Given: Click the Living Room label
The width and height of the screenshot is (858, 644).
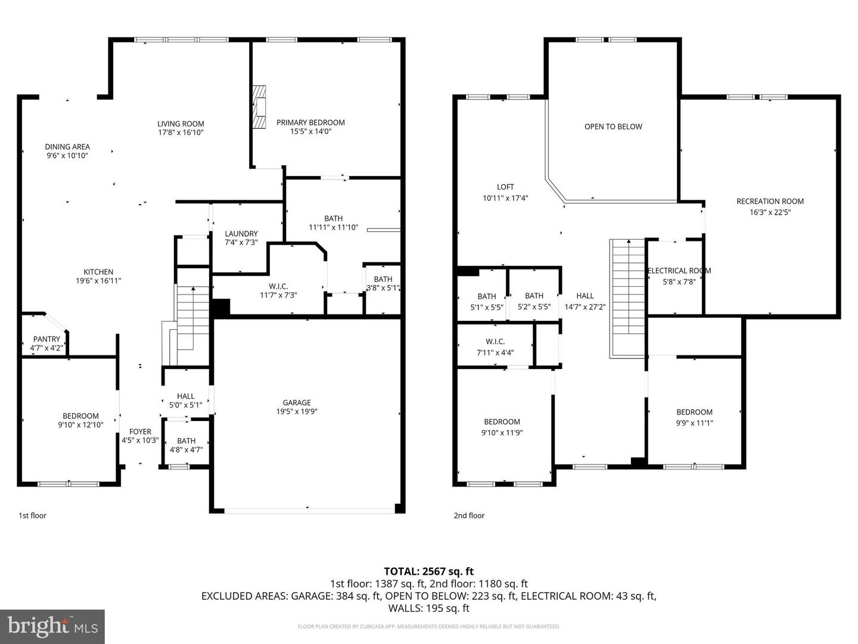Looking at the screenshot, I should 181,124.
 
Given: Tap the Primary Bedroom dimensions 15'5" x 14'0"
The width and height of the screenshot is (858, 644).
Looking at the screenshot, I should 310,132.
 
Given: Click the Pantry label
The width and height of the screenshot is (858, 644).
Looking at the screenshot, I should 46,339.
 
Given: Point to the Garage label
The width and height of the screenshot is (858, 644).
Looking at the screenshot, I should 297,402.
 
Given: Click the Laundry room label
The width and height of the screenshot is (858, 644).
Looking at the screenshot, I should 241,234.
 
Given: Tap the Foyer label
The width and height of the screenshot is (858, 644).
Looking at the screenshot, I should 140,431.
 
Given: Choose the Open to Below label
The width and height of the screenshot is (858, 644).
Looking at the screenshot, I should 613,126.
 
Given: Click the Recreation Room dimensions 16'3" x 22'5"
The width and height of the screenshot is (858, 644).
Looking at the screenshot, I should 770,212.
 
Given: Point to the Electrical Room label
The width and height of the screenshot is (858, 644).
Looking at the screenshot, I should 679,270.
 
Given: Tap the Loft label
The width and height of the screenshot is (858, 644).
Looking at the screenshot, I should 505,187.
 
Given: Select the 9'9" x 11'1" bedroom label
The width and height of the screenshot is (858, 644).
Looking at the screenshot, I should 694,412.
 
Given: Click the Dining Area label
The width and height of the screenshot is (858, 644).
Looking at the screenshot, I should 67,147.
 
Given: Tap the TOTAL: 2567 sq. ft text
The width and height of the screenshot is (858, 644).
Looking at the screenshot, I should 428,571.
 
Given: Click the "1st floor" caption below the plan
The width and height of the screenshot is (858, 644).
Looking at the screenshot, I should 32,515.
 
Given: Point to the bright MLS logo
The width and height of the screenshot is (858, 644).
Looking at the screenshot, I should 52,626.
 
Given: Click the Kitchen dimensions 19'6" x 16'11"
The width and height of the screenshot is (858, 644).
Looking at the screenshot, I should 98,281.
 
